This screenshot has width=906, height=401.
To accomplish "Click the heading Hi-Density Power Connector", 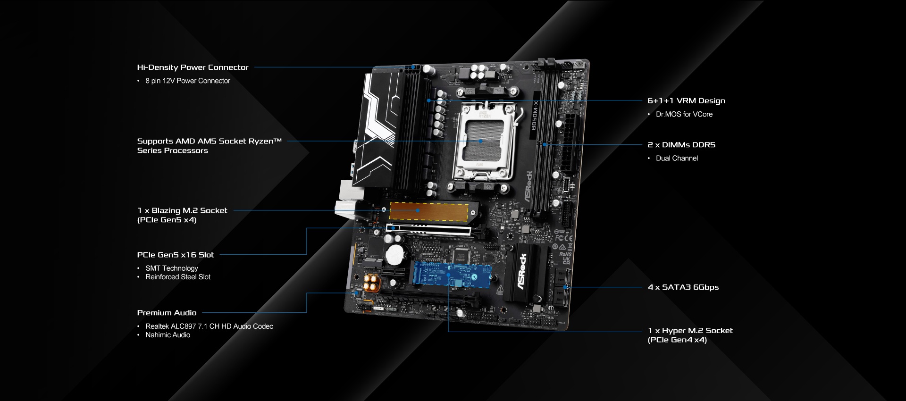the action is coord(193,67).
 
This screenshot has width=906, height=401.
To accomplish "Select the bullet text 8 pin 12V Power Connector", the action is coord(188,81).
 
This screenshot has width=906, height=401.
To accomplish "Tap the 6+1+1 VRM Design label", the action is coord(686,100).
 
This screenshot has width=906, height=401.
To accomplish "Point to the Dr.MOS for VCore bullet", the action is coord(684,114).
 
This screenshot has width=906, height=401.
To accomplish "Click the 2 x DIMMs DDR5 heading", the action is coord(681,145).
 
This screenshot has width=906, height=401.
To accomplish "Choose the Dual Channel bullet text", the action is coord(677,158).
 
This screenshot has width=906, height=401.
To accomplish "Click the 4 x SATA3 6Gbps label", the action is coord(683,287).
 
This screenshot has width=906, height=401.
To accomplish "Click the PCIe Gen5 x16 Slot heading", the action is coord(176,255).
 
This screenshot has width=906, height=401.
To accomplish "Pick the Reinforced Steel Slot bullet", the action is coord(178,277).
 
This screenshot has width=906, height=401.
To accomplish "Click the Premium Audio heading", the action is coord(167,313).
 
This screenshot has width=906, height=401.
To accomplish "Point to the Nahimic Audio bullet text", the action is coord(168,335).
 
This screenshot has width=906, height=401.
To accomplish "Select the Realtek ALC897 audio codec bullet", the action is coord(209,326).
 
